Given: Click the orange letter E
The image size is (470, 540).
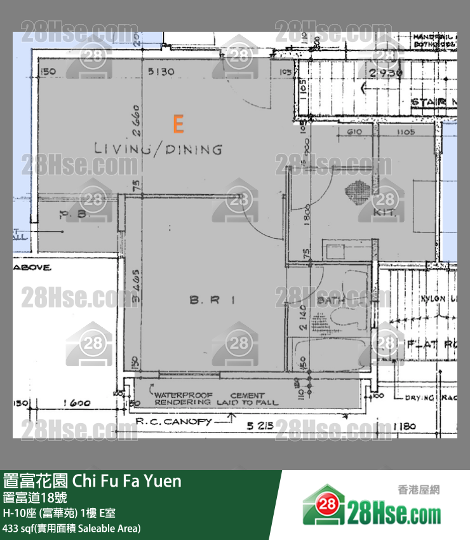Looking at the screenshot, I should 178,124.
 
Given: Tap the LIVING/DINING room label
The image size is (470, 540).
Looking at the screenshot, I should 158,149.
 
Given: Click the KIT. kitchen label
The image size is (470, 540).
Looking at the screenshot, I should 385,213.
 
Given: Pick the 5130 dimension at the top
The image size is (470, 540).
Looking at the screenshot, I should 161,72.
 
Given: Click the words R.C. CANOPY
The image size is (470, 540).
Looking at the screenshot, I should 173,420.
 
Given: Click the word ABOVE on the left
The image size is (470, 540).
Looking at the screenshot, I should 31,267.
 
